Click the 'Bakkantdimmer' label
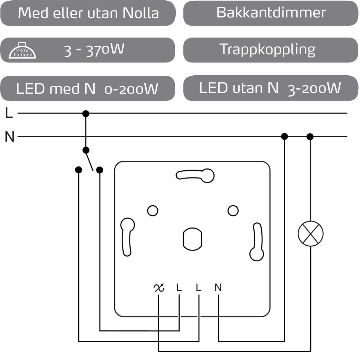tap(271, 13)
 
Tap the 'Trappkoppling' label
tap(267, 49)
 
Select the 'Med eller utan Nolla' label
tap(88, 13)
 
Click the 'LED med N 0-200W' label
tap(87, 89)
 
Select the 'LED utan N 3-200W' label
tap(270, 88)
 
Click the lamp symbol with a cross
tap(311, 233)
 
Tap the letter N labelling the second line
tap(10, 137)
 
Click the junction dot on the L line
tap(86, 114)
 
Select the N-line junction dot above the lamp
tap(310, 137)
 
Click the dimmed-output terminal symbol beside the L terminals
tap(159, 288)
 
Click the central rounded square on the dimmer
tap(192, 239)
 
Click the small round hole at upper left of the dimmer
tap(153, 210)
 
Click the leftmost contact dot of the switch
tap(78, 170)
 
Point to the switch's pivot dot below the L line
tap(86, 150)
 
